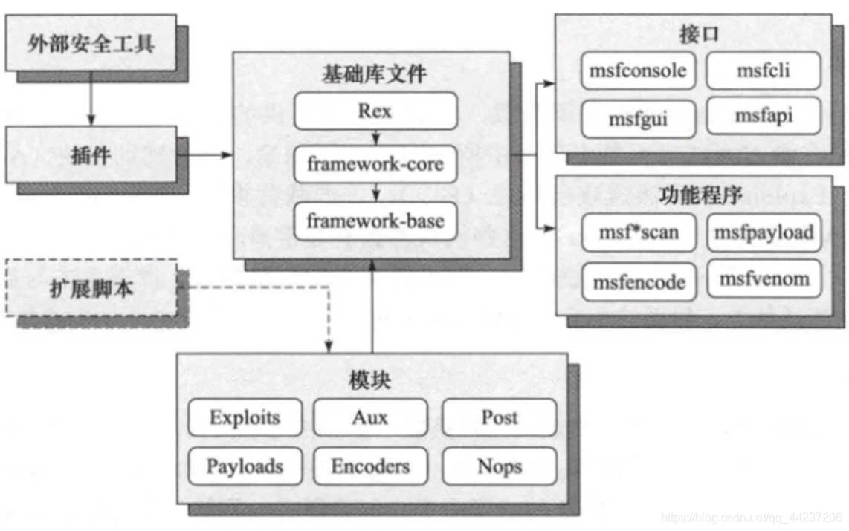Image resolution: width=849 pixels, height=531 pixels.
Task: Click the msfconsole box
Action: click(638, 72)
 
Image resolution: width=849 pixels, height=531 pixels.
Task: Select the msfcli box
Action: click(763, 71)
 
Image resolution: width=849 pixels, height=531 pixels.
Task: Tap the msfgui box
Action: click(638, 119)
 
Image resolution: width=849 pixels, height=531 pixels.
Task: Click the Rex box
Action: click(375, 111)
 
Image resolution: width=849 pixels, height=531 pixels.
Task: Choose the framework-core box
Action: click(375, 164)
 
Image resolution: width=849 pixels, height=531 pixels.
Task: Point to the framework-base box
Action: click(375, 221)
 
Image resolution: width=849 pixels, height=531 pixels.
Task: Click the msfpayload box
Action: click(764, 232)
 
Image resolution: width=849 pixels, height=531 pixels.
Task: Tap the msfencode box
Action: click(639, 282)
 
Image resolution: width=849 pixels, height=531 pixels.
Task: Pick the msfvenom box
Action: click(764, 279)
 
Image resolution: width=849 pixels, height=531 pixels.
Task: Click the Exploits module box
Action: click(245, 417)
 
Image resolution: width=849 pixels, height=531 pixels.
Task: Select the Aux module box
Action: click(370, 417)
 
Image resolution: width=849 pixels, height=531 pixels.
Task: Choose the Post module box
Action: click(499, 417)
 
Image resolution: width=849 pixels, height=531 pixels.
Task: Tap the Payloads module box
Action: click(245, 466)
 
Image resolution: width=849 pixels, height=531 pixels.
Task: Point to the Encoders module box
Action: click(370, 466)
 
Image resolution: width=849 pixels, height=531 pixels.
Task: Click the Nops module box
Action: click(499, 466)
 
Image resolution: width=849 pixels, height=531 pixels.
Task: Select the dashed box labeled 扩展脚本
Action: click(91, 287)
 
